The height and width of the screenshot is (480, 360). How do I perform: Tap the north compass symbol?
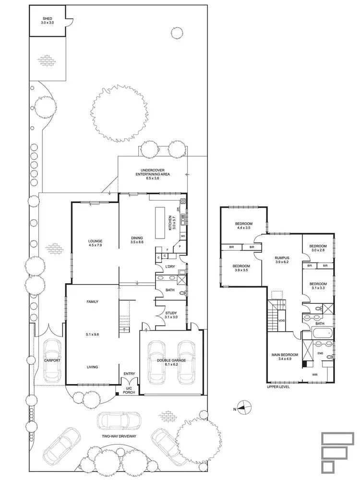click(244, 408)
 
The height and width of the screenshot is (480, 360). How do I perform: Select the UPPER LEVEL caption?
click(278, 386)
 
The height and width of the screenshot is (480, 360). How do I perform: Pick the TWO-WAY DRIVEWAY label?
click(120, 436)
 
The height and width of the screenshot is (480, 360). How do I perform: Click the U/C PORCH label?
click(129, 390)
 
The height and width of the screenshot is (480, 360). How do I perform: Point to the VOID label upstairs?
click(282, 321)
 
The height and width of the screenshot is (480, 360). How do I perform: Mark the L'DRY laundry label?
click(169, 266)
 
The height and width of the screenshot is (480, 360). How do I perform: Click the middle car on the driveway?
click(120, 421)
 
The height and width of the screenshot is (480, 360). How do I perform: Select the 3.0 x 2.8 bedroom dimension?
click(319, 250)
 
